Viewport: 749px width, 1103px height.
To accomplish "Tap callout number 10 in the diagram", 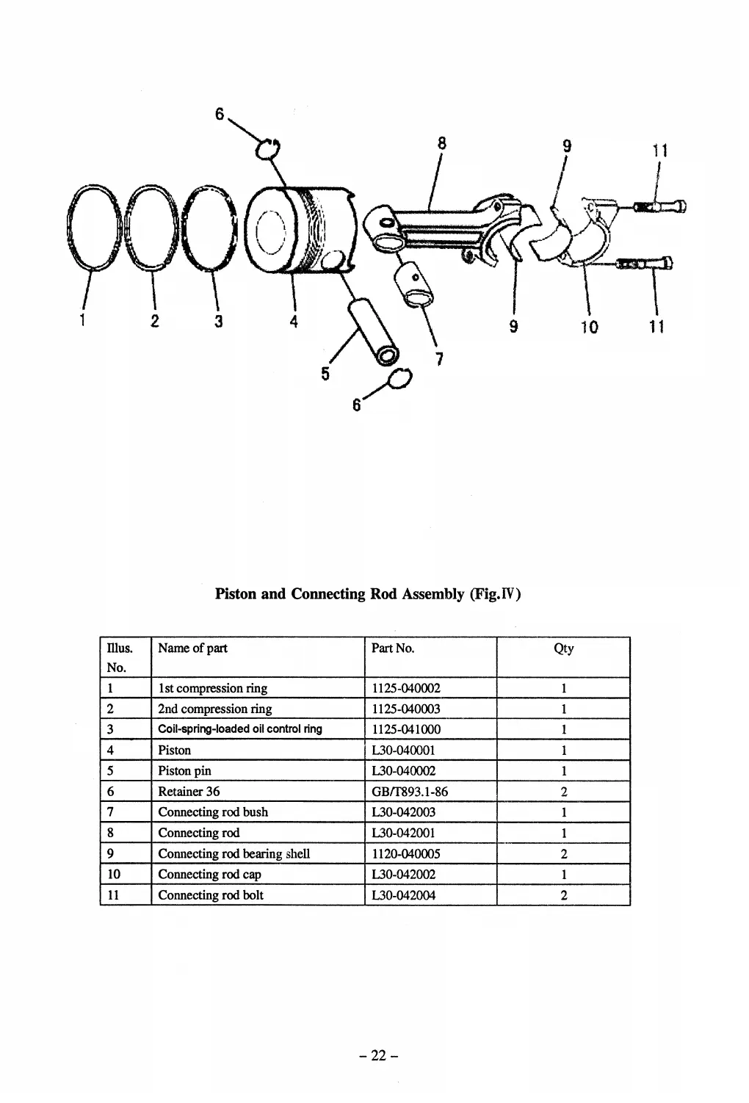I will pos(589,326).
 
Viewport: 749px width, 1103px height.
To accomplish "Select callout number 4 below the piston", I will pos(293,321).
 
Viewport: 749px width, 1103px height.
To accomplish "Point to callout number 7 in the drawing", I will pos(438,358).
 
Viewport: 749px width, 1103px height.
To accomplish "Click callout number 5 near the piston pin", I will pos(325,374).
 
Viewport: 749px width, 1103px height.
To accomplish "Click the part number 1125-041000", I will pos(406,729).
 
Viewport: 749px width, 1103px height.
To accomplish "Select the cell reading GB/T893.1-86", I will pos(410,791).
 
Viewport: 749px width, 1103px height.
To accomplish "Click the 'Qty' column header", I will pos(563,648).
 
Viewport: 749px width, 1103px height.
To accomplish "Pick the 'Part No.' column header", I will pos(393,648).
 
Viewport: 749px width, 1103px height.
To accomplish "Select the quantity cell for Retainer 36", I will pos(563,792).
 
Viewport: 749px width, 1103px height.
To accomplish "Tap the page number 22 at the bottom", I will pos(378,1055).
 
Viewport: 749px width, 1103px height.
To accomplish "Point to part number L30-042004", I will pos(404,894).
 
